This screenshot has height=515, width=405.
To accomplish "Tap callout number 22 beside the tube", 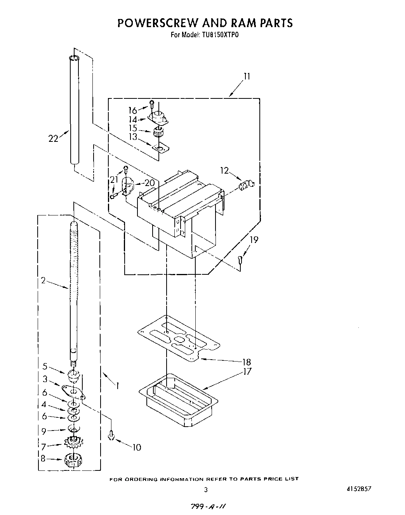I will pos(53,138).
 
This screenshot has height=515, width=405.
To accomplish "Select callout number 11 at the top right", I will pos(247,76).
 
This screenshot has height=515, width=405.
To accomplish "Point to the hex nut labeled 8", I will pos(73,460).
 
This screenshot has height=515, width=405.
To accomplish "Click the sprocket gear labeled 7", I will pos(73,441).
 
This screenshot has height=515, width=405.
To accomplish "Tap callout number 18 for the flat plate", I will pos(246,362).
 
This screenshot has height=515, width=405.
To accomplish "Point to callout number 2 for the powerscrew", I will pos(43,280).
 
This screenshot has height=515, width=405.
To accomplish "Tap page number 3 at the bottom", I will pos(206,489).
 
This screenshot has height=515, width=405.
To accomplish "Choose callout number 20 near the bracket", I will pos(149,183).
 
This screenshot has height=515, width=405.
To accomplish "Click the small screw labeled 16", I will pos(152,104).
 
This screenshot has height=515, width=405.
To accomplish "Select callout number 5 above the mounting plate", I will pos(45,366).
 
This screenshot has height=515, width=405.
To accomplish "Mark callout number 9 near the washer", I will pos(44,430).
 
